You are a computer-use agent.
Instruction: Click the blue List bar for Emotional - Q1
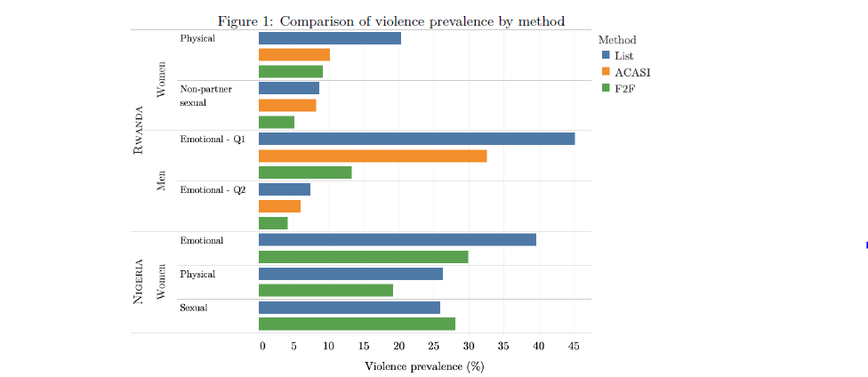coord(416,139)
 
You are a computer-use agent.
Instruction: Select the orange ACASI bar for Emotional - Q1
coord(372,156)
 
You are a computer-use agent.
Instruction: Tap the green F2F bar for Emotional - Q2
coord(273,223)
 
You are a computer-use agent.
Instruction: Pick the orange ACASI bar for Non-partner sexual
coord(287,105)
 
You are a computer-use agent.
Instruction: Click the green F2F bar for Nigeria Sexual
coord(357,324)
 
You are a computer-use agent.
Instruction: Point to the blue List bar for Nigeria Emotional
coord(397,239)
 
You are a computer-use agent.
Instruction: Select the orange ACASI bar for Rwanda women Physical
coord(294,54)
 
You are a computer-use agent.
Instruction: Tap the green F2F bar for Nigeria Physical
coord(325,290)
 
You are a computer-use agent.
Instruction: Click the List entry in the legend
coord(623,55)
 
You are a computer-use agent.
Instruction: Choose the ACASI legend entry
coord(629,71)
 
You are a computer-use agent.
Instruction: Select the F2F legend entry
coord(623,87)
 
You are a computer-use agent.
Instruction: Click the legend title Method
coord(616,39)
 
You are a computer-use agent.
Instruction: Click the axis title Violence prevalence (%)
coord(424,365)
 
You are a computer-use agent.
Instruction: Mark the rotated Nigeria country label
coord(139,282)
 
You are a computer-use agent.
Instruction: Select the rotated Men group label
coord(161,180)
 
